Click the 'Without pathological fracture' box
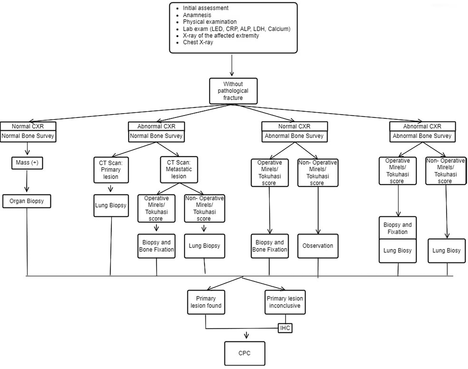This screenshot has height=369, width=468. click(233, 91)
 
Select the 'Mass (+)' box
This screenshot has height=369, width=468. click(27, 163)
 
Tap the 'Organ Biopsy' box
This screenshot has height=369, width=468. click(27, 201)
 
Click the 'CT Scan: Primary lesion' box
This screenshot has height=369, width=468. click(111, 170)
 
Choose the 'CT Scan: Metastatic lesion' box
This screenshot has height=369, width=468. click(179, 169)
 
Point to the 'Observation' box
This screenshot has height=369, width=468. click(318, 246)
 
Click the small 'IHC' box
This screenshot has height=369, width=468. click(285, 328)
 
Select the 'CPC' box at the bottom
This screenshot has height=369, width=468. click(245, 353)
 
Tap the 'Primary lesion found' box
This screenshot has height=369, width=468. click(206, 302)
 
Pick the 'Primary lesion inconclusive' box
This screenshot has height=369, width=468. click(285, 302)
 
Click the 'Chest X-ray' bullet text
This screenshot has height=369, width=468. click(198, 42)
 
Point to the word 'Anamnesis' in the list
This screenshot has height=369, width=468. click(197, 15)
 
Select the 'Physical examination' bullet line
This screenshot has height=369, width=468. click(210, 22)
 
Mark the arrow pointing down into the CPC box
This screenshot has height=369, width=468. click(247, 335)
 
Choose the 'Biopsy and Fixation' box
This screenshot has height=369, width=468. click(398, 228)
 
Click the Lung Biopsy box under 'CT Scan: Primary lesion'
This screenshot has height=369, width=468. click(111, 205)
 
